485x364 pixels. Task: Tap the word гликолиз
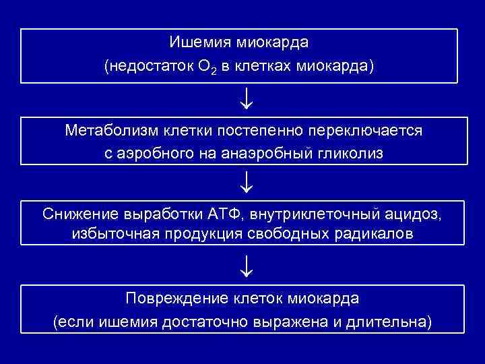[356, 154]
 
